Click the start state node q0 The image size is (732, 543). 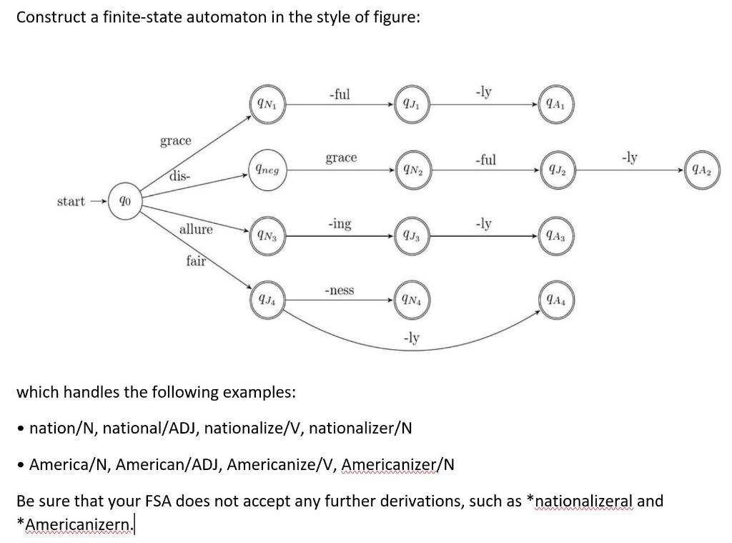coord(125,202)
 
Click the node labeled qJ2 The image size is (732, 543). coord(555,170)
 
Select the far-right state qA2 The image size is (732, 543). coord(701,170)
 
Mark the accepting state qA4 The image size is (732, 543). coord(555,300)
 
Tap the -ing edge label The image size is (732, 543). coord(339,224)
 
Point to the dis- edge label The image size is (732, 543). coord(180,175)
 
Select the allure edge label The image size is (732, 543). coord(196,229)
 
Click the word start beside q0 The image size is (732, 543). coord(71,202)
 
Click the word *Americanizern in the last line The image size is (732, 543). coord(74,523)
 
